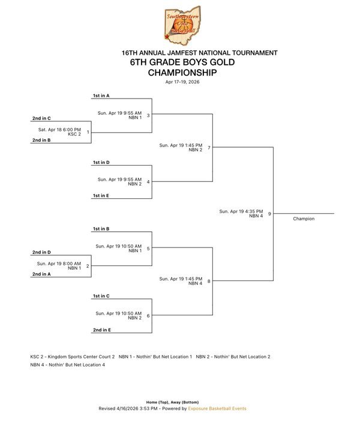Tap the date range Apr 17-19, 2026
coord(182,82)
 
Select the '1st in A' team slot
coord(101,95)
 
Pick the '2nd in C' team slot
coord(41,118)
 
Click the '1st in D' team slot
coord(101,162)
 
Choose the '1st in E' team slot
coord(101,195)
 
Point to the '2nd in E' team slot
coord(101,330)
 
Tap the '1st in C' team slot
coord(101,296)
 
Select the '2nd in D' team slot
coord(41,252)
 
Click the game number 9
coord(269,213)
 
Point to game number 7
coord(208,147)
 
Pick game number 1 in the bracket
coord(88,132)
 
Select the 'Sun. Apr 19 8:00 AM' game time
coord(59,263)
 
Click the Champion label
coord(304,219)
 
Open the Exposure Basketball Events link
coord(217,408)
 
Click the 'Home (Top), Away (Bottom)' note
coord(172,402)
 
